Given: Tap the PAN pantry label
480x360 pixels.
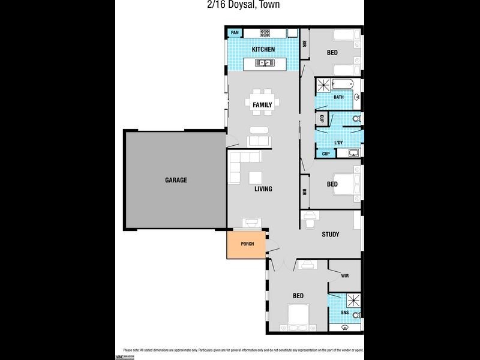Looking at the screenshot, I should (235, 32).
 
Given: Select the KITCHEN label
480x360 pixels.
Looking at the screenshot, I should (263, 49).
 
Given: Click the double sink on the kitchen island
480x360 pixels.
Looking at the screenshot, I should (263, 62).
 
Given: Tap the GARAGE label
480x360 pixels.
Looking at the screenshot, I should (176, 180).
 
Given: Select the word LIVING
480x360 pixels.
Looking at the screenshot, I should (263, 189).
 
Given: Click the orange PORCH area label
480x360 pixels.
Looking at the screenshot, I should (247, 244).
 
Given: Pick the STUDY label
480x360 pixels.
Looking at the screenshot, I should (331, 235).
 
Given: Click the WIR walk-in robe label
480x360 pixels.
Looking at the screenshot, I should (344, 276).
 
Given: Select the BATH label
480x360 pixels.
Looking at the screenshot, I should (338, 97).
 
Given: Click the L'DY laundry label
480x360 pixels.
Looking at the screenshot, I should (338, 143).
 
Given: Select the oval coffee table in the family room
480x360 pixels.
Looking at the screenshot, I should (259, 130).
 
